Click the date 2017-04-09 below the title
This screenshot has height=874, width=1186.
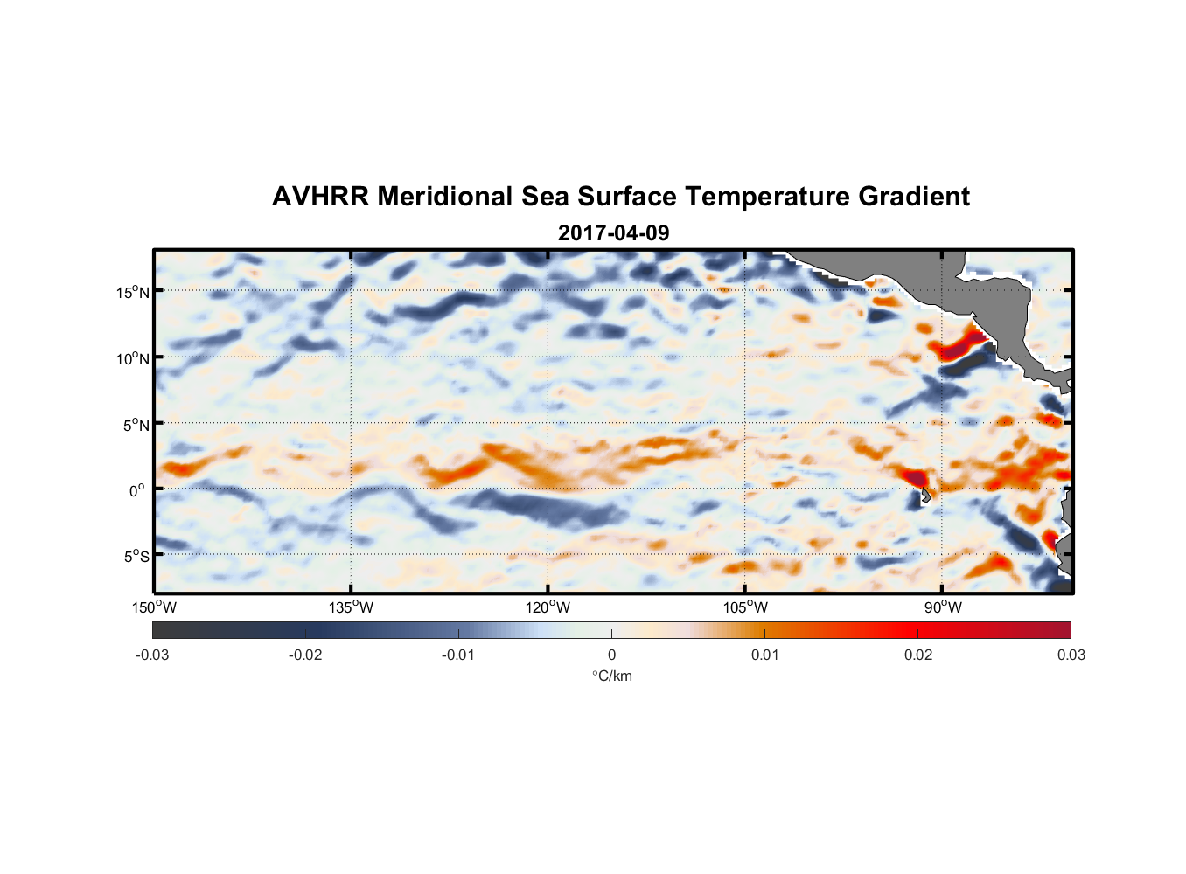coord(613,232)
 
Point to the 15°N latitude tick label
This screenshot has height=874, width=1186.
coord(133,292)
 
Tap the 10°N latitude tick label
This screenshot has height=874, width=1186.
coord(133,358)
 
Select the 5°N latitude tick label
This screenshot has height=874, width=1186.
coord(136,425)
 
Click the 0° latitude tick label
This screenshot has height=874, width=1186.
coord(136,490)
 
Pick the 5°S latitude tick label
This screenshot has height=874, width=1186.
coord(136,556)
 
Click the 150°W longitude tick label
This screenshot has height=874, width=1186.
coord(154,607)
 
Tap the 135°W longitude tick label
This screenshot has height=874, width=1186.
coord(351,607)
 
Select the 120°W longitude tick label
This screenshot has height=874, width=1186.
coord(548,607)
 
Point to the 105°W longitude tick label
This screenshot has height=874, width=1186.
coord(745,607)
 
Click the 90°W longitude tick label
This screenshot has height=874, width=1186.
coord(943,607)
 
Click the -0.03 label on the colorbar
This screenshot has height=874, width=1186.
coord(152,655)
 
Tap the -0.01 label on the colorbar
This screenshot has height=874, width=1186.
coord(458,655)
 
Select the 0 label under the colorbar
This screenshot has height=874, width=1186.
coord(611,655)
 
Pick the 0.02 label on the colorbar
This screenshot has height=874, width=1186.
coord(918,655)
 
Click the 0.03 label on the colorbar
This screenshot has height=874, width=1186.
coord(1071,655)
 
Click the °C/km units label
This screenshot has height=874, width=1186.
coord(611,676)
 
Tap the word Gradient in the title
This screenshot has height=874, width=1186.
coord(914,197)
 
